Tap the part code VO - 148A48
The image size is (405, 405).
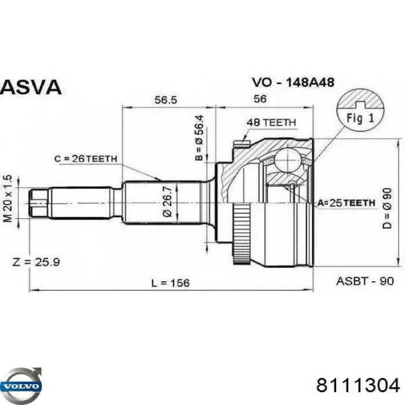tap(292, 83)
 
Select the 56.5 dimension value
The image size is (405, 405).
tap(165, 100)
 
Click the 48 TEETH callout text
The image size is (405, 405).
tap(271, 123)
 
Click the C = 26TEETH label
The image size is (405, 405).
tap(86, 159)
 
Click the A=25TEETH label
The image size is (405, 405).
tap(346, 203)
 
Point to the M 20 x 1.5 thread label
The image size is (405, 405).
tap(8, 200)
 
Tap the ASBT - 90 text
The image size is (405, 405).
tap(365, 281)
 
